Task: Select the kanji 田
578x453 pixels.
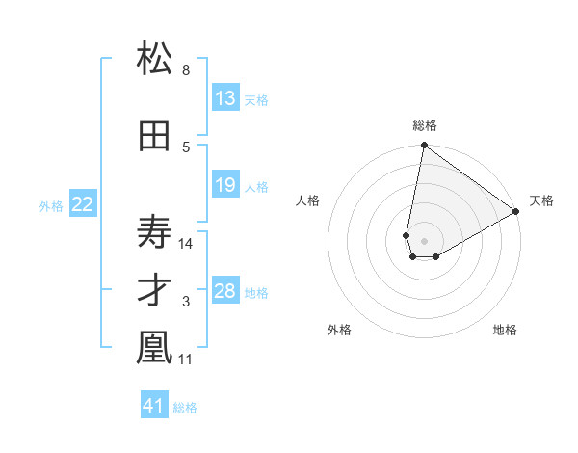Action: tap(154, 137)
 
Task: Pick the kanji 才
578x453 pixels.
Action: tap(154, 292)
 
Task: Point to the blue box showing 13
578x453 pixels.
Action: tap(225, 98)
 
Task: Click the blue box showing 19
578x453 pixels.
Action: tap(225, 185)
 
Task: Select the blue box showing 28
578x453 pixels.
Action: tap(225, 291)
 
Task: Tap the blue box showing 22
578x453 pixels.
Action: tap(83, 204)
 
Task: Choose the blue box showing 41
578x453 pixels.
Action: tap(154, 406)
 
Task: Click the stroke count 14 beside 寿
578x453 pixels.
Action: tap(187, 243)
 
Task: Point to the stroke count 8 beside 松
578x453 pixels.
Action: tap(186, 70)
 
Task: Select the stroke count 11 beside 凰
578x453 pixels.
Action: tap(187, 360)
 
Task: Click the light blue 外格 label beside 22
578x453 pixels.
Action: tap(51, 205)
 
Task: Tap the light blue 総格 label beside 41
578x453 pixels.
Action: tap(185, 408)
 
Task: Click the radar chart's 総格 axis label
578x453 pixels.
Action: tap(425, 125)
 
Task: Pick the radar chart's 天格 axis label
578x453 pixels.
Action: tap(541, 200)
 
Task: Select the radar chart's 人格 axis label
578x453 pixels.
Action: tap(308, 200)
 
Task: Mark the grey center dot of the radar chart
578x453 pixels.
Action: tap(423, 239)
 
